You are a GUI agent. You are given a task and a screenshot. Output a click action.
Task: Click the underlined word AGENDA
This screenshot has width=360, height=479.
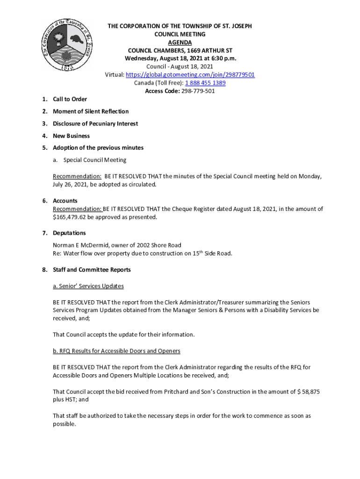click(x=180, y=42)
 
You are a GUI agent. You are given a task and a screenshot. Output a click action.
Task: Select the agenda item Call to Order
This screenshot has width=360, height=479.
click(x=70, y=99)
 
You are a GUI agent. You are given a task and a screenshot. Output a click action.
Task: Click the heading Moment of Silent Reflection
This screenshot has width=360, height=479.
click(x=91, y=111)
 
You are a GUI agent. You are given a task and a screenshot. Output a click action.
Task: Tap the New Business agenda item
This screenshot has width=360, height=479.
click(x=71, y=136)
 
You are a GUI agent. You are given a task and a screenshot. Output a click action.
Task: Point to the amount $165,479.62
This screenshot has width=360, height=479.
click(x=71, y=217)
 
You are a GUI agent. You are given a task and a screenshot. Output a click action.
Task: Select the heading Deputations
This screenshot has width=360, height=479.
click(x=69, y=233)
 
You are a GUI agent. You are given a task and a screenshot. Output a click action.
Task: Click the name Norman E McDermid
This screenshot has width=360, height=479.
click(x=80, y=245)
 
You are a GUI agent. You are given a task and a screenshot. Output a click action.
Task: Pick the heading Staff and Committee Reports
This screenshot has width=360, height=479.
click(x=92, y=270)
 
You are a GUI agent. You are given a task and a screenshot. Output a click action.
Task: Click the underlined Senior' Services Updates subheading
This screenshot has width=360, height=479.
click(x=88, y=286)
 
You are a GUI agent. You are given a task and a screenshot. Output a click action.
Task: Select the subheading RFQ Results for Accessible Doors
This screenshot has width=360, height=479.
click(x=116, y=351)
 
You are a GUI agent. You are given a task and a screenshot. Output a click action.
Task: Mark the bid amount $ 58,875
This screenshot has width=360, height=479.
click(x=309, y=392)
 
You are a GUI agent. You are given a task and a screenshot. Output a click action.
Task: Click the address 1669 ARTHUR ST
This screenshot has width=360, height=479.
click(x=210, y=51)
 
